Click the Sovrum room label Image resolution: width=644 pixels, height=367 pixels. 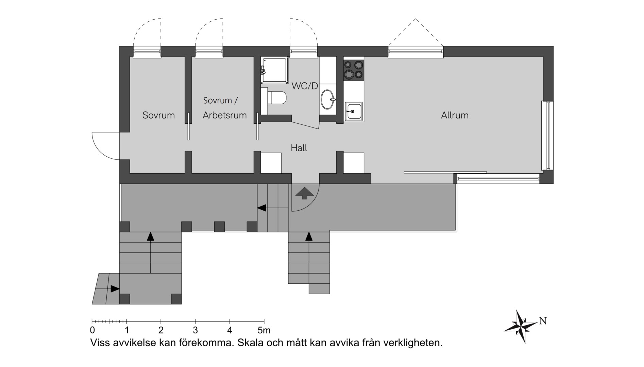[158, 115]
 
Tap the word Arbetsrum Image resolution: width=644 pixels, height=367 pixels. [225, 115]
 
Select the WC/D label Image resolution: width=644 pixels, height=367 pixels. [305, 86]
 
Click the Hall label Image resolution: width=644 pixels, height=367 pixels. [299, 148]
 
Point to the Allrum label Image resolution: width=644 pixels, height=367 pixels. [455, 115]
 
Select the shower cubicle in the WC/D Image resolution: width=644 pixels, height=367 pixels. [274, 70]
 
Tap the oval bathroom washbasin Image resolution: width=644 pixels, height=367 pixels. [328, 99]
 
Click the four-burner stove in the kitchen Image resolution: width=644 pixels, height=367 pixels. [354, 70]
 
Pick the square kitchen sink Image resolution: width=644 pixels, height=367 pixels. [354, 111]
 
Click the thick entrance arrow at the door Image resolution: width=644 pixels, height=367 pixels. [304, 193]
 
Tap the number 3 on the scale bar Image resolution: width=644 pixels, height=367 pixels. [195, 330]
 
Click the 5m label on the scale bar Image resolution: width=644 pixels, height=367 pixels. [264, 330]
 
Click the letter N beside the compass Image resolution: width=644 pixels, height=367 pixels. [543, 321]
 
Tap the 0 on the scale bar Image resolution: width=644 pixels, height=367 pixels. [92, 330]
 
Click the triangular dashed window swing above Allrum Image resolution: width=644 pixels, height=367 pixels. [416, 32]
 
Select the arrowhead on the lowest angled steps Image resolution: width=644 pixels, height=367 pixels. [115, 289]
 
